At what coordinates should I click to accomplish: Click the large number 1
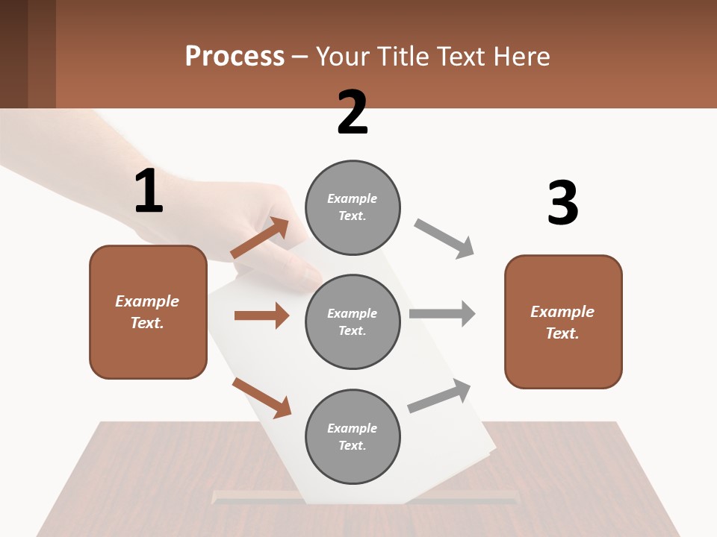(x=149, y=192)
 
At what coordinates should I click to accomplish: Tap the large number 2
(x=353, y=113)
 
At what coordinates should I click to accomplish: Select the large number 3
(x=562, y=203)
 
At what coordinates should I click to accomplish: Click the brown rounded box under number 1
(x=148, y=312)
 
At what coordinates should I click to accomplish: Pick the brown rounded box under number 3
(x=563, y=321)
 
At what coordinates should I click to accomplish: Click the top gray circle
(x=353, y=207)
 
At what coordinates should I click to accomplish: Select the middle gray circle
(x=353, y=321)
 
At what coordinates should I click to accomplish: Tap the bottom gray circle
(x=353, y=436)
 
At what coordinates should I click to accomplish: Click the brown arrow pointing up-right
(x=260, y=238)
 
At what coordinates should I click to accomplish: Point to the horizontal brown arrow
(x=261, y=315)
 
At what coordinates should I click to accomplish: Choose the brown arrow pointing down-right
(x=261, y=397)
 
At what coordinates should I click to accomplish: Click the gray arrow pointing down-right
(x=444, y=239)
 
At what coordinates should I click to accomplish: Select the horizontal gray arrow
(x=442, y=313)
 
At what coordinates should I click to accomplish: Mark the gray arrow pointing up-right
(x=439, y=395)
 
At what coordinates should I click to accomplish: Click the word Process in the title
(x=235, y=56)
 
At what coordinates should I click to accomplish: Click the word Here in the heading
(x=522, y=56)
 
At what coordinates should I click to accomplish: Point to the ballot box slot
(x=366, y=495)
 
